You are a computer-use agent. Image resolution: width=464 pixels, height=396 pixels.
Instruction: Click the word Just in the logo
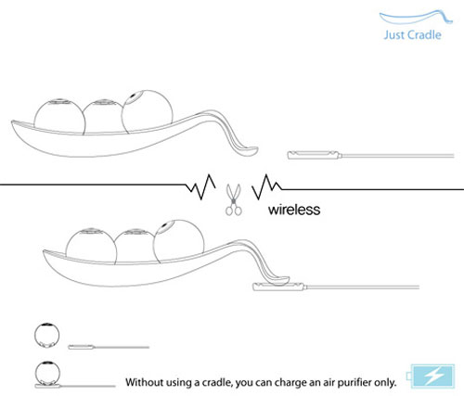tap(393, 34)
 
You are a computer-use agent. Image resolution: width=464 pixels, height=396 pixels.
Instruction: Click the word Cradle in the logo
tap(423, 34)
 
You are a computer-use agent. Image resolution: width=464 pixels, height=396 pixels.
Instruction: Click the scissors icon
tap(234, 199)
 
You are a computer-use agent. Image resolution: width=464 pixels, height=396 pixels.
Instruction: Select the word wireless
tap(294, 210)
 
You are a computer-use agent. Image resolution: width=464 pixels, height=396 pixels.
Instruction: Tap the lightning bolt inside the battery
tap(434, 377)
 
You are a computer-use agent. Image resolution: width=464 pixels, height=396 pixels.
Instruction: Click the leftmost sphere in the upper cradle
tap(59, 117)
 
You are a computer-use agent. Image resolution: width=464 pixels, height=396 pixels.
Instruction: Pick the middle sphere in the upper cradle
tap(103, 116)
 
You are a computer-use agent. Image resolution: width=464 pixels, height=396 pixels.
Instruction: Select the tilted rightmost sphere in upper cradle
tap(147, 112)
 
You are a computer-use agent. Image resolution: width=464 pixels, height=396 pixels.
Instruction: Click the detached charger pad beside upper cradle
tap(314, 155)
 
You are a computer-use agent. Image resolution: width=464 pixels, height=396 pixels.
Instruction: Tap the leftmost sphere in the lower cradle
tap(91, 247)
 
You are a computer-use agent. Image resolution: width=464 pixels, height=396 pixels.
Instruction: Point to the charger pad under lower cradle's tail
tap(279, 287)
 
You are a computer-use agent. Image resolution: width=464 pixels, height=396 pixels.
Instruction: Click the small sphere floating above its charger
tap(46, 336)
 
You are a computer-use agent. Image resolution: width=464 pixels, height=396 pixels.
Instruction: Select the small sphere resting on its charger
tap(47, 373)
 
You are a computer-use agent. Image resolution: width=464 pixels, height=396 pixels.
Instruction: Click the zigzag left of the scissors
tap(200, 186)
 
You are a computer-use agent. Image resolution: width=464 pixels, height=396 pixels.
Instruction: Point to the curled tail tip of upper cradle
tap(249, 151)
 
